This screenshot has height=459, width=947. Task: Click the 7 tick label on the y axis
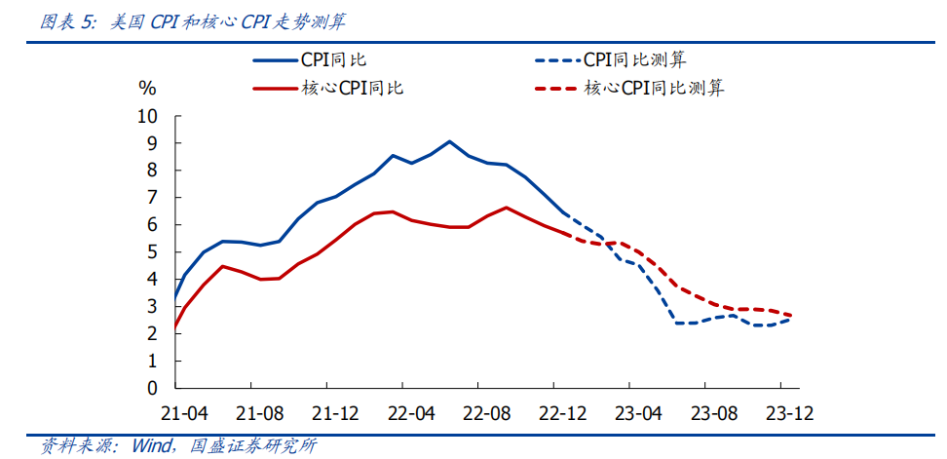tap(152, 198)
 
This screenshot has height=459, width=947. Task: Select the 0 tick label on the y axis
tap(152, 388)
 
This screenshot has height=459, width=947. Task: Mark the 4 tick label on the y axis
tap(152, 279)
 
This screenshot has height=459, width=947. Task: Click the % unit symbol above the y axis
tap(147, 89)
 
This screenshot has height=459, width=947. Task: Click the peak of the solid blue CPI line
tap(449, 141)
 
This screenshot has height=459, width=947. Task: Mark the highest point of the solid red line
tap(506, 207)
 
